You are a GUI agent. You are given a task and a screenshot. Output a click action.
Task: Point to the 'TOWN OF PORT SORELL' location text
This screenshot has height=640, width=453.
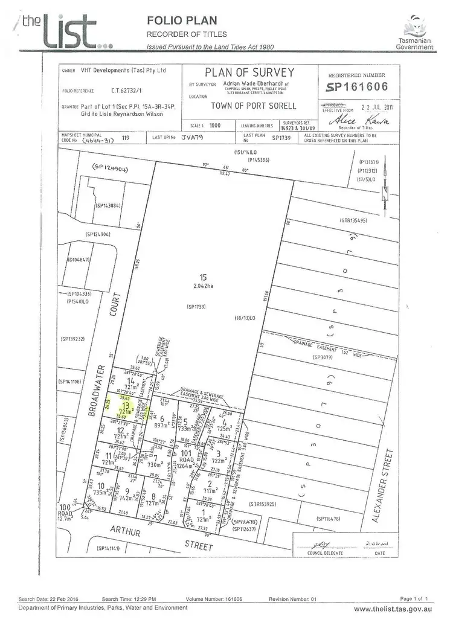(x=254, y=106)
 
